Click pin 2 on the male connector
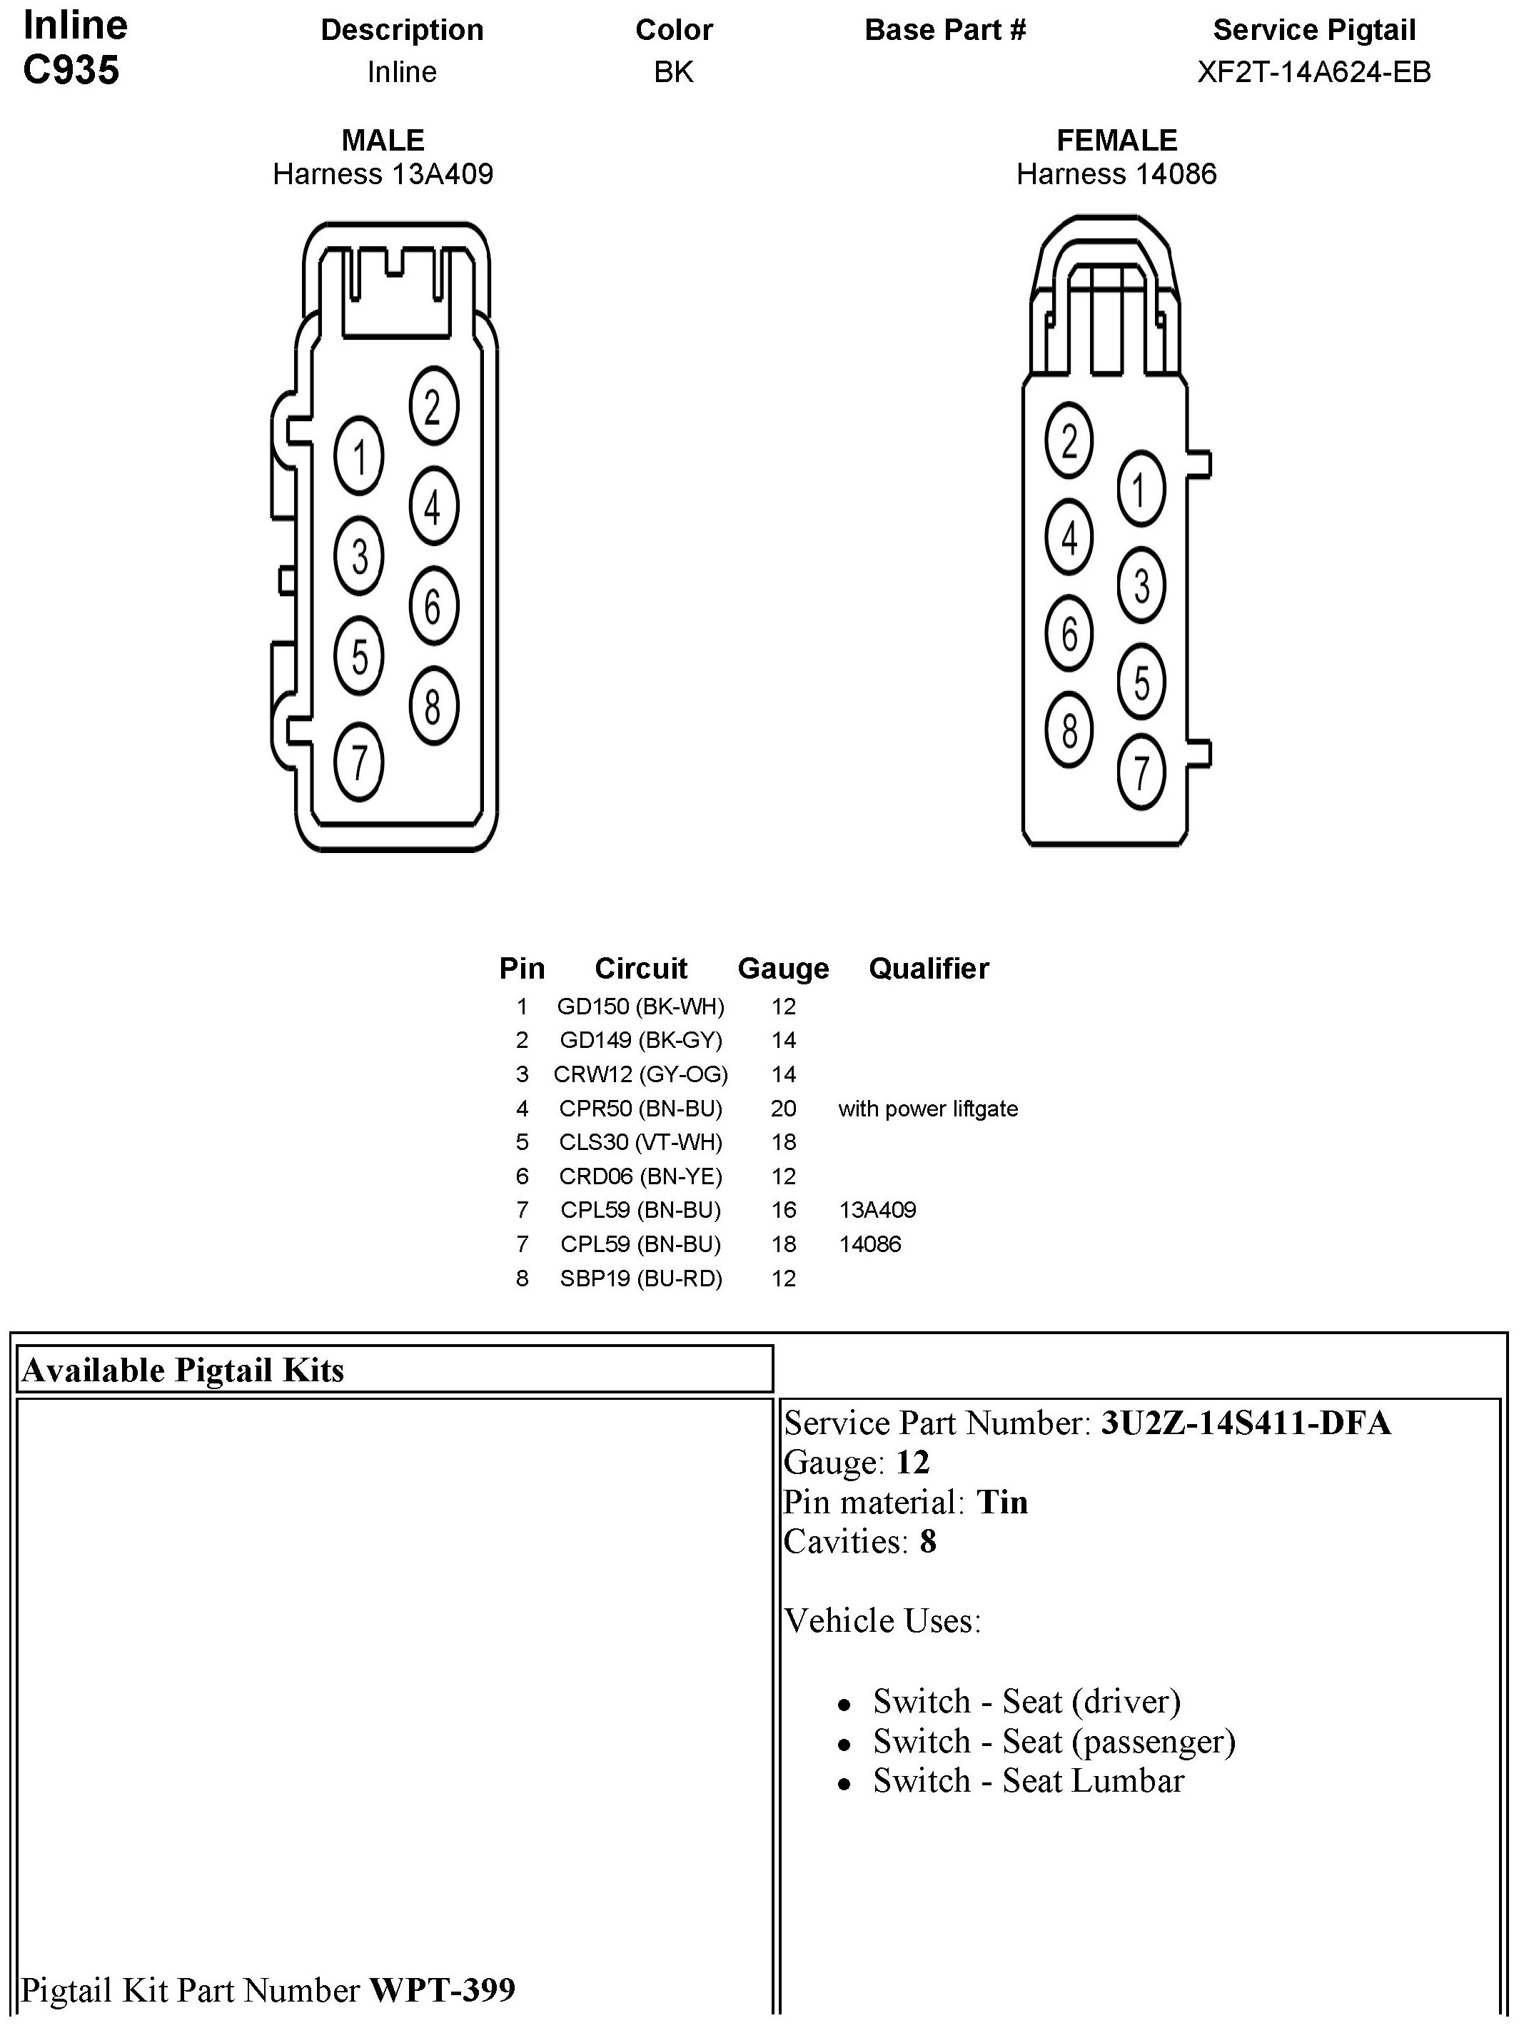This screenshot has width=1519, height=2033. click(433, 407)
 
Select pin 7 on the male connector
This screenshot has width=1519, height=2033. click(359, 762)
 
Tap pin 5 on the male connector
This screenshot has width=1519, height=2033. click(359, 657)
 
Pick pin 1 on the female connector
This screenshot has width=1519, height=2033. click(1141, 489)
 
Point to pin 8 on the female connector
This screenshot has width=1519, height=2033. click(1069, 731)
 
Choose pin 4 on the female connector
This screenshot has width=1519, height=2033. click(1069, 538)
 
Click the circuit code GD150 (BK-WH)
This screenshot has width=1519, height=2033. click(640, 1007)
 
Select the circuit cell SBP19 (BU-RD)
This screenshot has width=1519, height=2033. click(640, 1278)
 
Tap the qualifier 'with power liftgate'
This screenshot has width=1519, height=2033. click(927, 1109)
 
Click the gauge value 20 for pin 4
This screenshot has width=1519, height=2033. click(783, 1109)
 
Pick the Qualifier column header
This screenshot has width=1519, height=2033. click(928, 968)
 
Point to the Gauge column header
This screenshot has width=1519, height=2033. click(783, 968)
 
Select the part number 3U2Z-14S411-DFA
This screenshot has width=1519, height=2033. click(1245, 1423)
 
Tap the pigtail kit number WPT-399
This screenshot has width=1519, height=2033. click(442, 1989)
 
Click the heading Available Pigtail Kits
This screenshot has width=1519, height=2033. click(183, 1371)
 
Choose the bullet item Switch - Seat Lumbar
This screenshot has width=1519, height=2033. click(1029, 1781)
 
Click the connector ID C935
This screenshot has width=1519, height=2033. click(71, 70)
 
